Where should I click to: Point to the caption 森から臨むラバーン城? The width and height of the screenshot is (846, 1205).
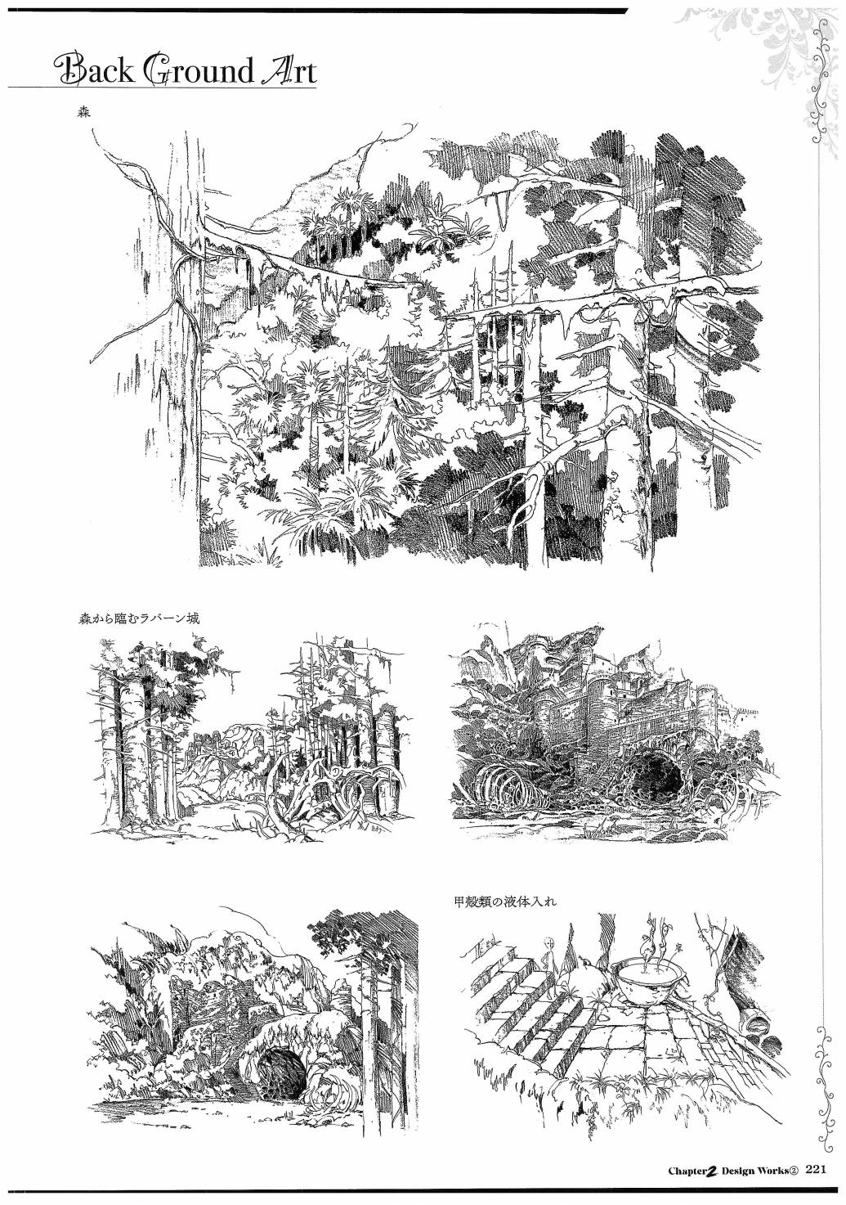(139, 618)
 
